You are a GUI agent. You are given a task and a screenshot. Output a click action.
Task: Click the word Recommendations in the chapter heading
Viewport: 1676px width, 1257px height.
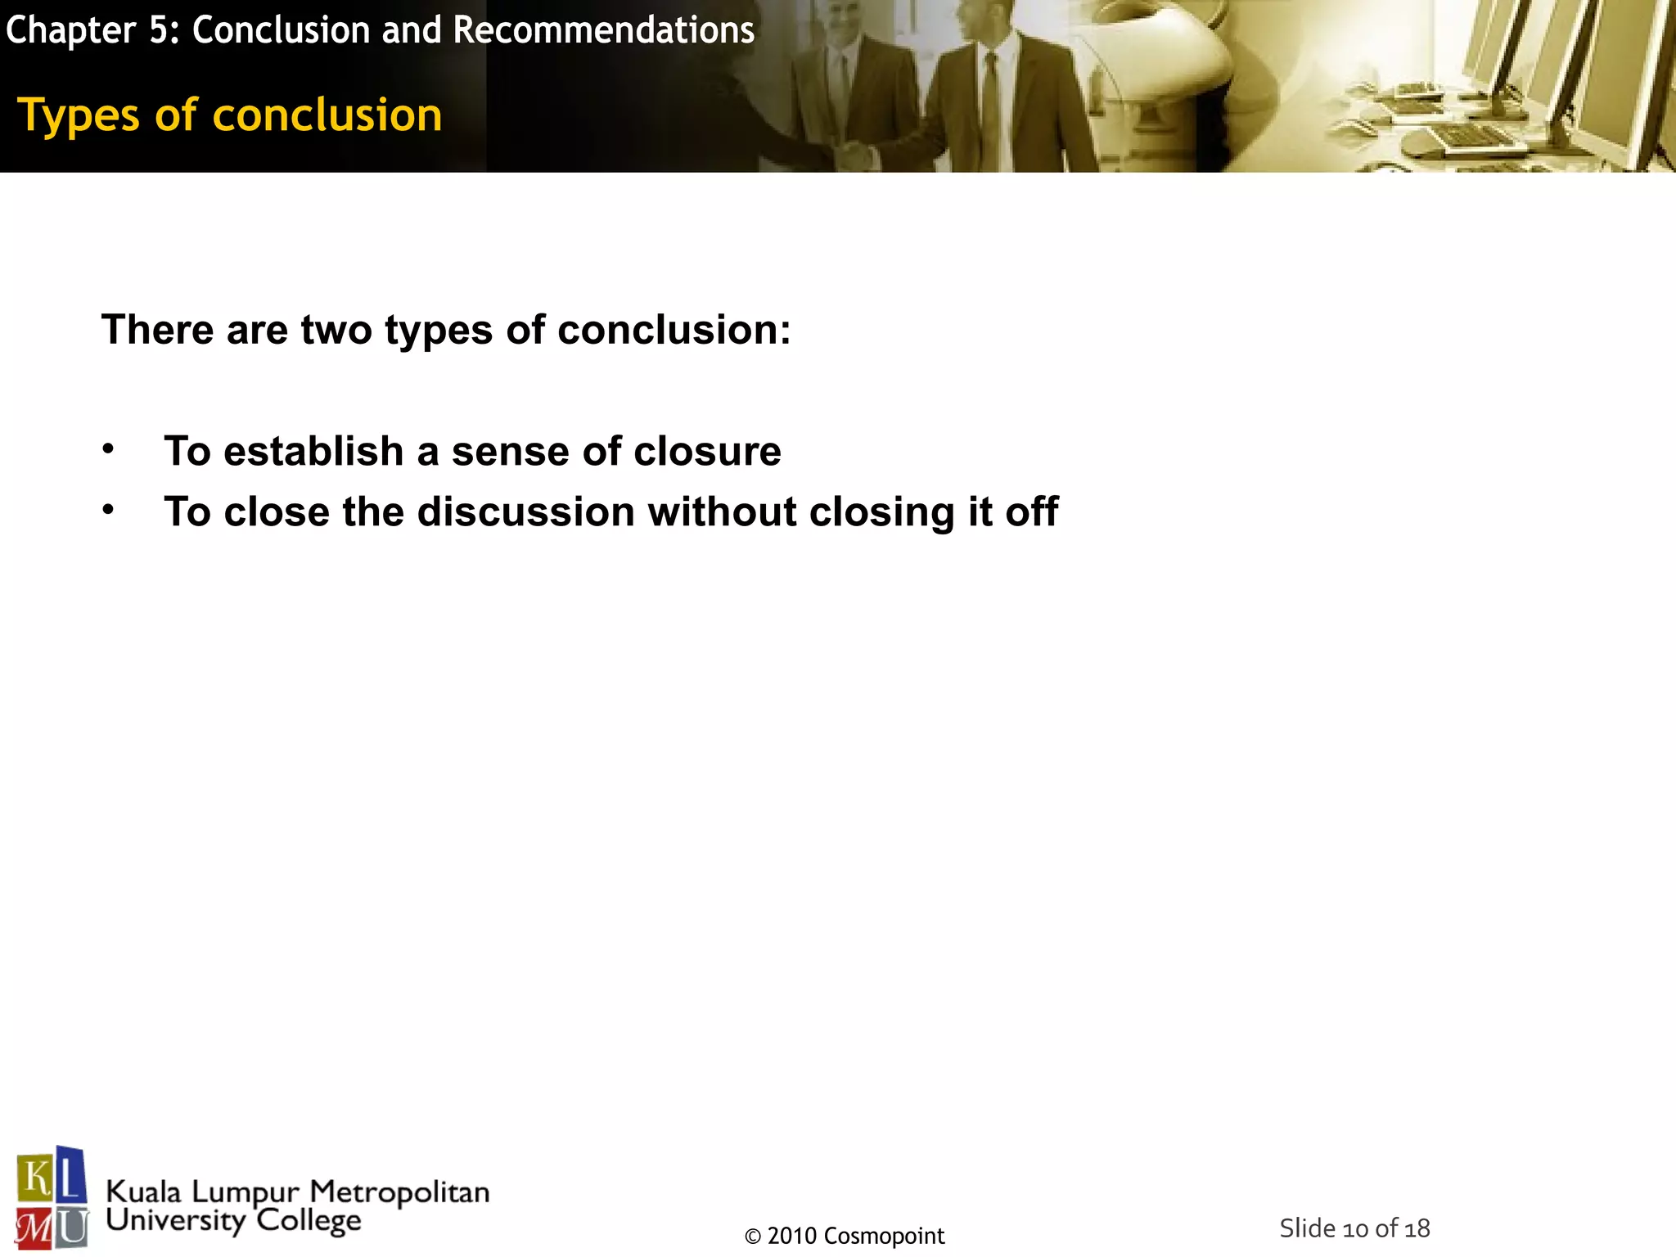(x=603, y=30)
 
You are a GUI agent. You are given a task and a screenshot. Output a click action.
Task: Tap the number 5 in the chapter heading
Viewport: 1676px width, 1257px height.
(x=158, y=30)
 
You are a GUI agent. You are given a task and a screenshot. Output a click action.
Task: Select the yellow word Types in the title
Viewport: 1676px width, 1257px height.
(x=79, y=115)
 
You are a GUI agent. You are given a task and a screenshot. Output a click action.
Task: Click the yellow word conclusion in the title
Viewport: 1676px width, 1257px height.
(x=327, y=115)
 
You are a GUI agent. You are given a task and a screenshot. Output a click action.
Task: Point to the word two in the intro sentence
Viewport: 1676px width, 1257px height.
(x=336, y=331)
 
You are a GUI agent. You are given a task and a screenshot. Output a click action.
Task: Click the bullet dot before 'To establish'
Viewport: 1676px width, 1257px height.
(x=108, y=448)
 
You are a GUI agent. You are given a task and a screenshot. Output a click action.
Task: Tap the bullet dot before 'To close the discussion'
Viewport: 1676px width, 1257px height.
(x=108, y=509)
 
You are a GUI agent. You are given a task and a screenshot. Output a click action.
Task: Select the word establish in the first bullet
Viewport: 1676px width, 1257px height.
(x=313, y=451)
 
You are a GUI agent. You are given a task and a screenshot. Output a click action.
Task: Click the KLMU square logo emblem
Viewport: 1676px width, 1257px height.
(x=52, y=1197)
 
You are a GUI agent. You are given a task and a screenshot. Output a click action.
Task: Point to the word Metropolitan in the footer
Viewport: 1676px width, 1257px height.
(x=399, y=1192)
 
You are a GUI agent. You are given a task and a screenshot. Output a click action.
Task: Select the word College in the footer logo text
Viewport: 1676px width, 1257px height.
(x=309, y=1220)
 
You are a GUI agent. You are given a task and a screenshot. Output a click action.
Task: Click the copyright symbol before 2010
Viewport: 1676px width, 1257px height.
(x=753, y=1237)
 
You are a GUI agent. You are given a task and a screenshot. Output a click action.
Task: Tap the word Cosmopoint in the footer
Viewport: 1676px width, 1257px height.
(x=884, y=1236)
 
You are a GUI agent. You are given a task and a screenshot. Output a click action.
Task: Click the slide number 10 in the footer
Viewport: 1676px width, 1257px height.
(x=1356, y=1228)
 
